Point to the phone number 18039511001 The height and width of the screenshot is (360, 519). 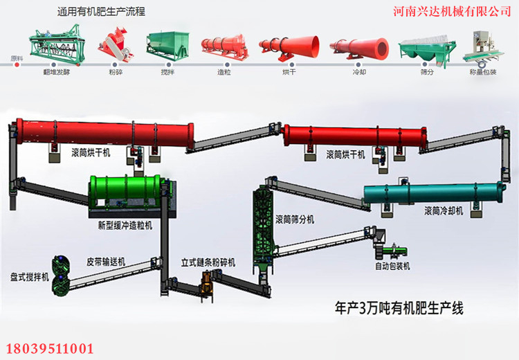coord(49,348)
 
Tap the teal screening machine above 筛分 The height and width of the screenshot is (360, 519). coord(423,47)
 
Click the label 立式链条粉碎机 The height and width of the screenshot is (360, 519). coord(208,262)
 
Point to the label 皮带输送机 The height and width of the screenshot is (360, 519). coord(106,262)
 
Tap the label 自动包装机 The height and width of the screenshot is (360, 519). coord(392,265)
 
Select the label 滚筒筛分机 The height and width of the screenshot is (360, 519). coord(295,219)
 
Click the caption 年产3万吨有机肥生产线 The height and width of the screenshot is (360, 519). coord(390,306)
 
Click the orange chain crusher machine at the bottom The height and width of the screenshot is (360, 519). coord(206,282)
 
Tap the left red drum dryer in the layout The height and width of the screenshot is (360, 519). coord(104,134)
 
